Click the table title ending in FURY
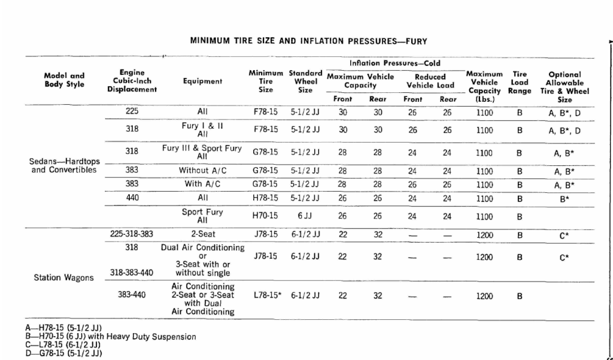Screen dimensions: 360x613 [x=308, y=41]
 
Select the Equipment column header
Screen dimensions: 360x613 [x=202, y=81]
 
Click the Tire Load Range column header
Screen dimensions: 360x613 [x=520, y=83]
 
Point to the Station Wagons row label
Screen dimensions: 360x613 [x=64, y=277]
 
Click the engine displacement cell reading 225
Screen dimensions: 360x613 [x=132, y=111]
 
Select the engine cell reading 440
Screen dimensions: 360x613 [x=132, y=198]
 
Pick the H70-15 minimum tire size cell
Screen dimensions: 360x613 [x=265, y=216]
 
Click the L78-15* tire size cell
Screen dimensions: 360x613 [x=266, y=295]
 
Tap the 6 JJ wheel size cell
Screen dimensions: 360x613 [x=305, y=216]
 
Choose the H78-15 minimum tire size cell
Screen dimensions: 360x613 [x=265, y=198]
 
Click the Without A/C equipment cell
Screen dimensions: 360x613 [x=202, y=171]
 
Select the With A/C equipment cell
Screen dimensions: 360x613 [x=202, y=184]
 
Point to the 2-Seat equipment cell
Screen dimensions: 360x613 [x=202, y=235]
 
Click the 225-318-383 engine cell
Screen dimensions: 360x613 [x=132, y=235]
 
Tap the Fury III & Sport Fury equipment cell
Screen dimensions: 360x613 [x=202, y=152]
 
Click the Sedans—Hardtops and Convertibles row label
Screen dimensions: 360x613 [x=64, y=165]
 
